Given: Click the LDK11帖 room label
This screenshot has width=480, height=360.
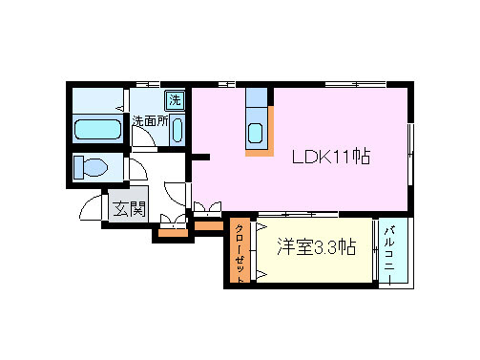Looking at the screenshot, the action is [x=331, y=157].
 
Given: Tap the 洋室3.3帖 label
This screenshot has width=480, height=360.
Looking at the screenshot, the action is [x=316, y=246].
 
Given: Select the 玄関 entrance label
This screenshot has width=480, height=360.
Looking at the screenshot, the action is [x=129, y=208].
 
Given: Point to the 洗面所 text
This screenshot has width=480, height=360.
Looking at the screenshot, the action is [x=150, y=121].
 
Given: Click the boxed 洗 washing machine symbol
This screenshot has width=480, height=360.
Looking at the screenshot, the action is [x=175, y=100].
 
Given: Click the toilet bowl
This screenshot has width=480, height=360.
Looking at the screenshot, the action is [x=91, y=167].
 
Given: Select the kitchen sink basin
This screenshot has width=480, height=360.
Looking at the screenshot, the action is [x=256, y=134].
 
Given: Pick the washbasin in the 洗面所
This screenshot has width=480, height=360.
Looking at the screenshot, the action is [x=177, y=130].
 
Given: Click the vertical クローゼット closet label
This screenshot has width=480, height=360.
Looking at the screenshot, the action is [x=240, y=253].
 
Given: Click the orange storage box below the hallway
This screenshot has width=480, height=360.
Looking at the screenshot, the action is [x=174, y=233].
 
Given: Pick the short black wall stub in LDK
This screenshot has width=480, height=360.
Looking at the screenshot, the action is [x=200, y=157].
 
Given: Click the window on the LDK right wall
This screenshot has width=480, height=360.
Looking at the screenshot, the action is [x=410, y=154].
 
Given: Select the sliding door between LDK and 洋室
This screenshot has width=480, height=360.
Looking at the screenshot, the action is [x=298, y=214].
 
